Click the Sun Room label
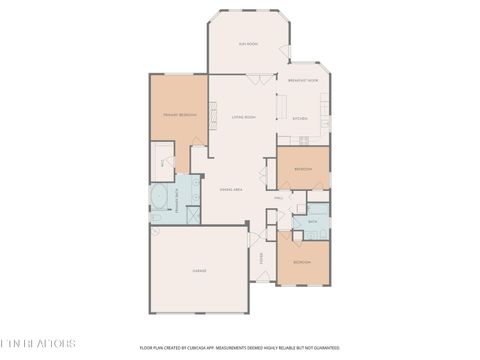247,45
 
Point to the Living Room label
244,117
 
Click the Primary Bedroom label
179,115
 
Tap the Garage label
199,271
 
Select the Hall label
279,198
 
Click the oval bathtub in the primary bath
159,198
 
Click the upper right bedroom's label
302,169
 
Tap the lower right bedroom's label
302,262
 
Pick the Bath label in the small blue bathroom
313,221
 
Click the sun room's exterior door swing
284,52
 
